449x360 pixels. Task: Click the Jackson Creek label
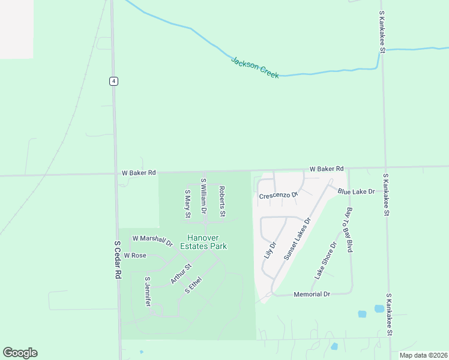[255, 67]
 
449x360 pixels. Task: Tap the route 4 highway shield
[113, 81]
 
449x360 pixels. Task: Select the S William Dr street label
[203, 197]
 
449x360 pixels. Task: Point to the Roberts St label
[221, 201]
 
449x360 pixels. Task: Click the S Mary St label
[187, 203]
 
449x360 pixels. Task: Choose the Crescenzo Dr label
[279, 196]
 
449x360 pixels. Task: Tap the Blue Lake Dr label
[356, 191]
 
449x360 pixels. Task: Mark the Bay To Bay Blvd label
[349, 230]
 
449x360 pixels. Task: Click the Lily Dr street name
[270, 250]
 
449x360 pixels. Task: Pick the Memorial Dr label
[312, 295]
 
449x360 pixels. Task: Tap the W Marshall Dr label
[152, 241]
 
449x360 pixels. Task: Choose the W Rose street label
[135, 256]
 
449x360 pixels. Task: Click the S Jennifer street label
[148, 292]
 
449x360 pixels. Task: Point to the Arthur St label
[180, 274]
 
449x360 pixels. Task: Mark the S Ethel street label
[193, 284]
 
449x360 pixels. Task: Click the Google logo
[20, 353]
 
